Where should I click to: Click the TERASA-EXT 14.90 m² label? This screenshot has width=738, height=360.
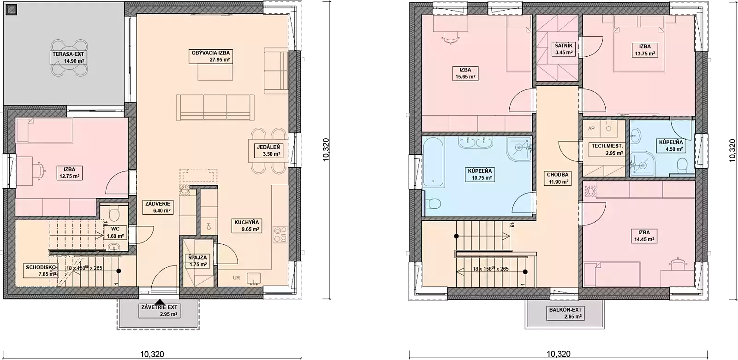(69, 57)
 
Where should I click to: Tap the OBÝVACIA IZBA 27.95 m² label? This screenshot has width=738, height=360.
(211, 56)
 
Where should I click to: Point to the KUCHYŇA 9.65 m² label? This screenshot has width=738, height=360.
(247, 225)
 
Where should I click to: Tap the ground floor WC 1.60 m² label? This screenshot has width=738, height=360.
(115, 232)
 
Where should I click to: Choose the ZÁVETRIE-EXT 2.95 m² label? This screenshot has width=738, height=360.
(160, 311)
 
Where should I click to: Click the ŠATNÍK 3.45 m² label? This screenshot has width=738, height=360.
(564, 49)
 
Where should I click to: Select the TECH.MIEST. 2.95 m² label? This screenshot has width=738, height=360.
(607, 149)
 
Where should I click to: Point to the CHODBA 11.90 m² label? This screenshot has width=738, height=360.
(558, 178)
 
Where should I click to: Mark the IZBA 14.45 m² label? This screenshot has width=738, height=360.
(644, 236)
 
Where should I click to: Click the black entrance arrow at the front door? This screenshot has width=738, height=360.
(160, 301)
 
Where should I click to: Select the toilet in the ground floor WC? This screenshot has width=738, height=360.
(114, 213)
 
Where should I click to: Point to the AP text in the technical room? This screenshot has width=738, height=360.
(591, 129)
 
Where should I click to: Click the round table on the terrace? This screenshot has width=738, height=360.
(69, 58)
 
